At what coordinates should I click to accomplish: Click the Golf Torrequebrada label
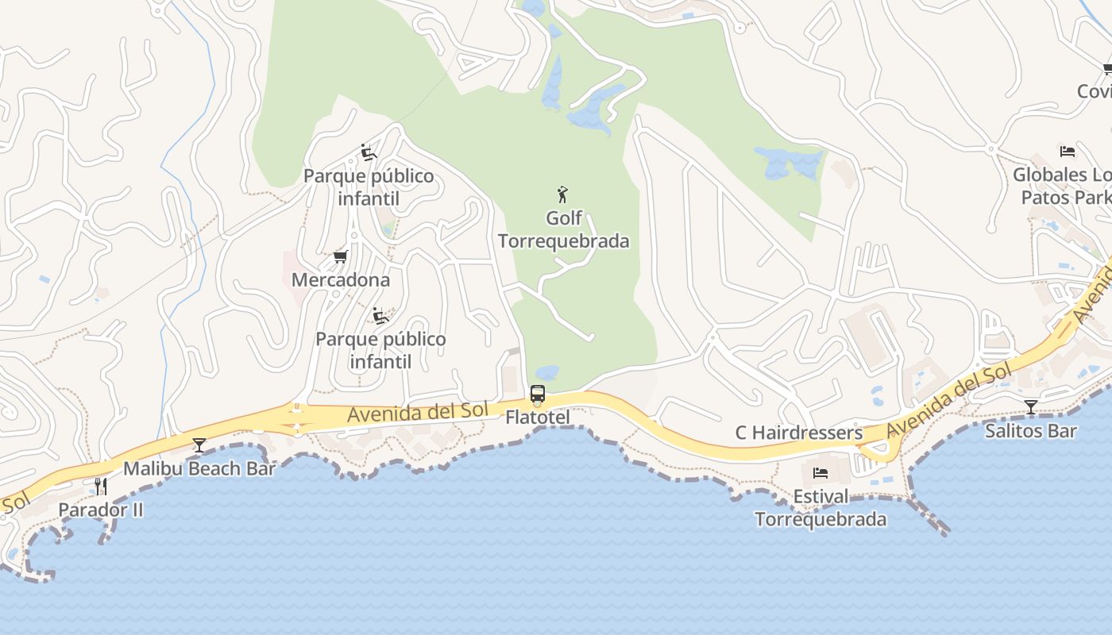563,229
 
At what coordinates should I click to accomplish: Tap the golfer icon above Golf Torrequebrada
563,194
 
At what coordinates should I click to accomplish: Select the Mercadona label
340,279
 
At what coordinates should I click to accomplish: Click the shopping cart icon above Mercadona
341,256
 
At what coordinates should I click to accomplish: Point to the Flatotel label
538,416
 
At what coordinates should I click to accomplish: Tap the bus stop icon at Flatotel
538,394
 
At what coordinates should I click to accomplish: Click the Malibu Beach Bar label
199,468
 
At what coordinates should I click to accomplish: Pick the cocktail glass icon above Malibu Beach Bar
199,445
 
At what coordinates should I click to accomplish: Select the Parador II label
101,510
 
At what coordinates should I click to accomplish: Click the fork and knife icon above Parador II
101,486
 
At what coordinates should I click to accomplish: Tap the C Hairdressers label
798,433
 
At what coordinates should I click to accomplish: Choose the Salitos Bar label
1030,431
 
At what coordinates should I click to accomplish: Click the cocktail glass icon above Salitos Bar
1031,408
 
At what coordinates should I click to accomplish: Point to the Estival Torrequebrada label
820,508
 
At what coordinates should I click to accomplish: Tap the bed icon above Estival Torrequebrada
820,473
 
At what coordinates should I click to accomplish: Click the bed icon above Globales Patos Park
1068,151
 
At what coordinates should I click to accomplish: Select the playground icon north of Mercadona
368,152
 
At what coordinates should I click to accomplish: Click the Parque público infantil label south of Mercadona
380,350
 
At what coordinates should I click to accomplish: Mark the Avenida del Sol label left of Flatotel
417,412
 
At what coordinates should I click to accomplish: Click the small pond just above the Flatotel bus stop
547,372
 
